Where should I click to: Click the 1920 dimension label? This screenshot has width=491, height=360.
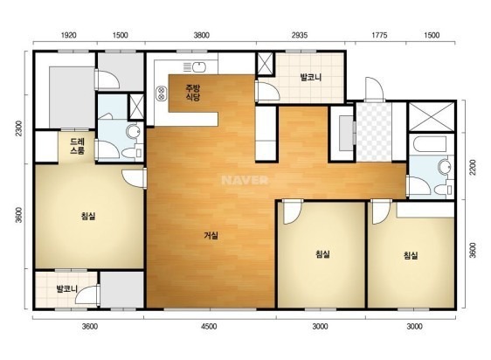(68, 35)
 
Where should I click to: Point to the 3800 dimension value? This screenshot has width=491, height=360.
(201, 35)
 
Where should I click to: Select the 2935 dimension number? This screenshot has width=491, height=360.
(300, 35)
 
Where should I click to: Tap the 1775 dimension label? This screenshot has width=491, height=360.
(379, 35)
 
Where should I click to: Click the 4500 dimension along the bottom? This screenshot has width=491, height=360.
(209, 327)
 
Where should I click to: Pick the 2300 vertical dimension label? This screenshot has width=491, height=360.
(19, 128)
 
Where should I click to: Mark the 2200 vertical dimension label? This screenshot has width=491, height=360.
(473, 167)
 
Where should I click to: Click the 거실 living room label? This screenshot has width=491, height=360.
(211, 235)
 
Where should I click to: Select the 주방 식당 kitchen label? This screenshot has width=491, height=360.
(192, 93)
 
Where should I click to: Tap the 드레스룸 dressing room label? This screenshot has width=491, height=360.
(77, 146)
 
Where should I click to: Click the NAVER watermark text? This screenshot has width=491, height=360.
(245, 180)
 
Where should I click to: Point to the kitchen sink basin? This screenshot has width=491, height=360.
(199, 66)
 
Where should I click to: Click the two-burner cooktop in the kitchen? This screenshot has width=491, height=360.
(162, 93)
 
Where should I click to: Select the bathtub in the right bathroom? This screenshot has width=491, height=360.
(430, 144)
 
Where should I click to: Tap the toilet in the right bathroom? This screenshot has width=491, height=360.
(443, 190)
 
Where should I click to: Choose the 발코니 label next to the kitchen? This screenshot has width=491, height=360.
(311, 77)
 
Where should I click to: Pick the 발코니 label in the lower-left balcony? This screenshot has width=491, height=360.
(66, 288)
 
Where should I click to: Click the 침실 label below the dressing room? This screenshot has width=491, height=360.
(88, 216)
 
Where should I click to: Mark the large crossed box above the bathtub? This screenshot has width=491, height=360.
(432, 116)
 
